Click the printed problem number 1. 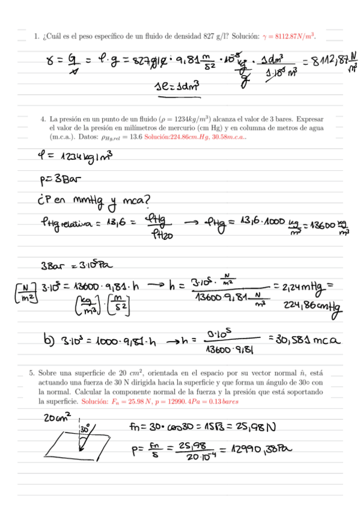tap(36, 36)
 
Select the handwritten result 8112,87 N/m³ tap(329, 61)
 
